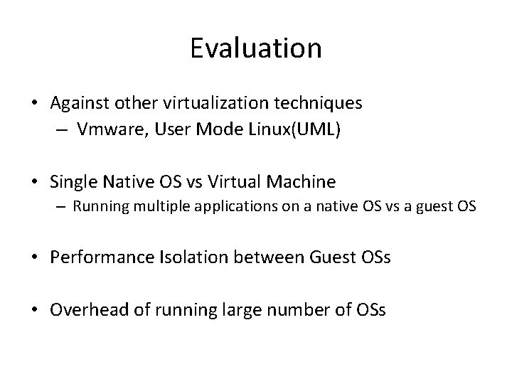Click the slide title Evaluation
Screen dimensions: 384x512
pos(256,48)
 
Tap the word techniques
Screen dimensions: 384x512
pos(321,103)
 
